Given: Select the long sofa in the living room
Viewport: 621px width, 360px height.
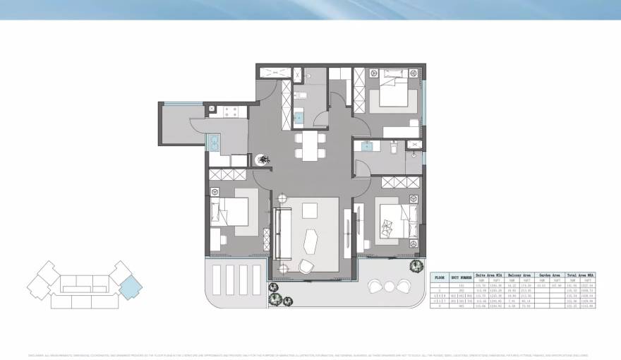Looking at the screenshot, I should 284,234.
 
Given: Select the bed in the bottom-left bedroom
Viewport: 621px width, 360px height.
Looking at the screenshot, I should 231,211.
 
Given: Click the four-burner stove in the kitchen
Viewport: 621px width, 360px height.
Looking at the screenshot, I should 229,111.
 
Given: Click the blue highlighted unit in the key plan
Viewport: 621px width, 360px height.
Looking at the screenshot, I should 131,287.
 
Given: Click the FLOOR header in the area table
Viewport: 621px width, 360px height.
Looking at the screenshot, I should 439,277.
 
